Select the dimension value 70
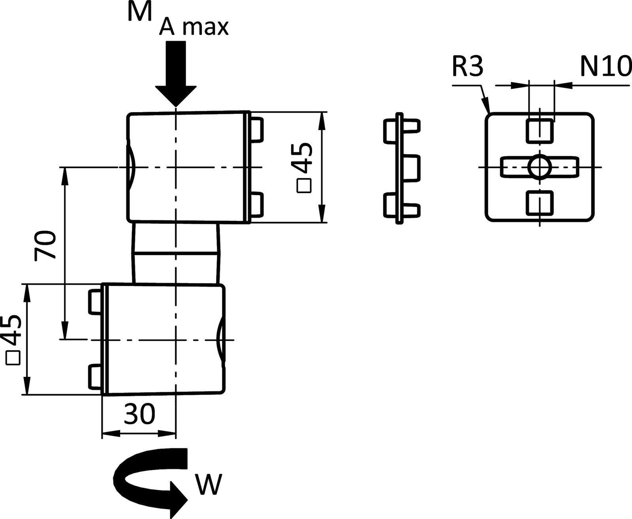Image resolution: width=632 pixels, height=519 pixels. pos(44,245)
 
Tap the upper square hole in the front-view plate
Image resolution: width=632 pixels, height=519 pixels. pos(540,130)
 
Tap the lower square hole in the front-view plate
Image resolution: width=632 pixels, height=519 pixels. pos(540,203)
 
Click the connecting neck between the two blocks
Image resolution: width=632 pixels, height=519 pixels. pos(176,253)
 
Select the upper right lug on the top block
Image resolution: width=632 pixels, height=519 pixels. pos(258,129)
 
